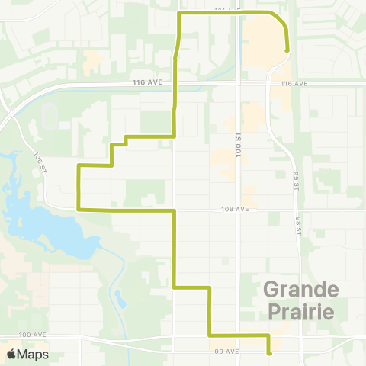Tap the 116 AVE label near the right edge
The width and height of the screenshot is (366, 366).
point(293,83)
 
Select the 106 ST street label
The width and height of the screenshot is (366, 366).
point(40,162)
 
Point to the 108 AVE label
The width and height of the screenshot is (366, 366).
point(236,208)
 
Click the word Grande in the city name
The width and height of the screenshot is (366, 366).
point(301,291)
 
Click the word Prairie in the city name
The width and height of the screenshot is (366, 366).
point(301,311)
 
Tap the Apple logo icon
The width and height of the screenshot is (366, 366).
point(11,354)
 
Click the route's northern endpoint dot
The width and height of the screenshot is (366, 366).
point(287,50)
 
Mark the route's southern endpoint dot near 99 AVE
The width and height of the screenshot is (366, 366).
point(269,353)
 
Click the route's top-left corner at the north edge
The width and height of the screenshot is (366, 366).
point(179,14)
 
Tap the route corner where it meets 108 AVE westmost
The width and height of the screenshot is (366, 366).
point(79,208)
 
